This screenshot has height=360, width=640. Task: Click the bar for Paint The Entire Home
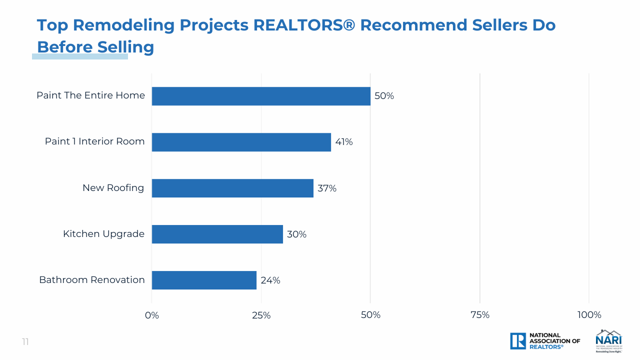pos(261,96)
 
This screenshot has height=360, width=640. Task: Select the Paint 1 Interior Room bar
pos(241,142)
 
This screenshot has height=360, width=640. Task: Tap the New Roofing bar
pos(232,188)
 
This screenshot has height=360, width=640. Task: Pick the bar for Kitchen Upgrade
pos(217,234)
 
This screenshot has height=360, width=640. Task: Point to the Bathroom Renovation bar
pos(204,280)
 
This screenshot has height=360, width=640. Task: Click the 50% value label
pos(384,96)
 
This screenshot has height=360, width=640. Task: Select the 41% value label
pos(344,142)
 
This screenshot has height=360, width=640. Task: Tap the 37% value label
pos(327,188)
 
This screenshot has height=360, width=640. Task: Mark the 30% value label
pos(296,234)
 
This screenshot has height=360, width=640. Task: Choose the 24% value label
pos(270,280)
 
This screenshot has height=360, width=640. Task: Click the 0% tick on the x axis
pos(152,315)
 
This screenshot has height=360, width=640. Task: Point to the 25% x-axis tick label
pos(261,315)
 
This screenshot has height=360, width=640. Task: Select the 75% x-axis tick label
pos(480,315)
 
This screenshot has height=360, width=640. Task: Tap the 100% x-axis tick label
pos(589,315)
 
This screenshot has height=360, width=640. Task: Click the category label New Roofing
pos(113,188)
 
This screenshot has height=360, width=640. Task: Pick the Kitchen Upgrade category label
pos(103,234)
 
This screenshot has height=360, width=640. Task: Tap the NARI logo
pos(608,340)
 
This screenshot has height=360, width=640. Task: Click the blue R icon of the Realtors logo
pos(518,341)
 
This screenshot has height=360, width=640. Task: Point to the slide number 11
pos(25,342)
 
